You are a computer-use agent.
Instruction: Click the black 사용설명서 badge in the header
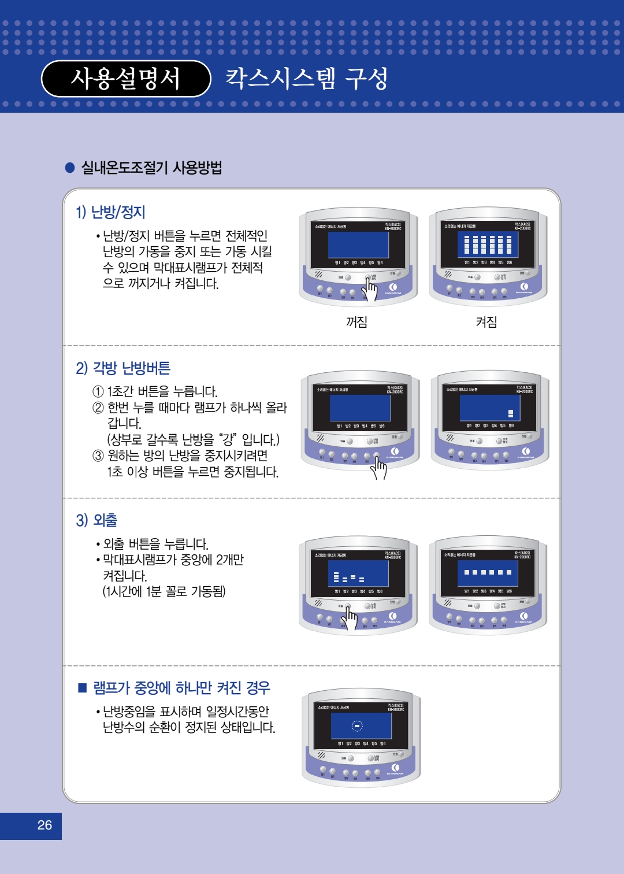coord(126,79)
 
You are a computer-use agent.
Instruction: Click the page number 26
coord(44,825)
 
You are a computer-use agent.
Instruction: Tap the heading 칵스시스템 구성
coord(306,79)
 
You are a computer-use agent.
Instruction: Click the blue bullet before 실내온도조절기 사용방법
coord(70,168)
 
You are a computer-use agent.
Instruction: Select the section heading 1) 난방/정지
coord(110,212)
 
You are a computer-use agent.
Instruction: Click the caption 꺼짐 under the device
coord(356,322)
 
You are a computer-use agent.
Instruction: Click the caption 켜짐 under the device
coord(486,322)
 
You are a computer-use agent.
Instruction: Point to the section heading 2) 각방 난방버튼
coord(123,368)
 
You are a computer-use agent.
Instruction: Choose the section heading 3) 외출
coord(96,520)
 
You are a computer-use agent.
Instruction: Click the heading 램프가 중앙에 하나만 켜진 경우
coord(181,688)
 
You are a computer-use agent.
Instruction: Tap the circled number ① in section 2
coord(98,391)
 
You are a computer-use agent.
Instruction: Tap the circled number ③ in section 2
coord(98,455)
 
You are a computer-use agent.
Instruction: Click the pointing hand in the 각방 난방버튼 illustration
coord(379,467)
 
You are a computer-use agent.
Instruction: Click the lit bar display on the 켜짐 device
coord(488,245)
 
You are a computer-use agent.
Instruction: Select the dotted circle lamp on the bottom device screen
coord(357,726)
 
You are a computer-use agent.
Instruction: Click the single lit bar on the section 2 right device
coord(511,413)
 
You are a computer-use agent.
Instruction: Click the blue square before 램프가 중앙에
coord(82,688)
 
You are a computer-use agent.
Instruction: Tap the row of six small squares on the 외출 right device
coord(488,572)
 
